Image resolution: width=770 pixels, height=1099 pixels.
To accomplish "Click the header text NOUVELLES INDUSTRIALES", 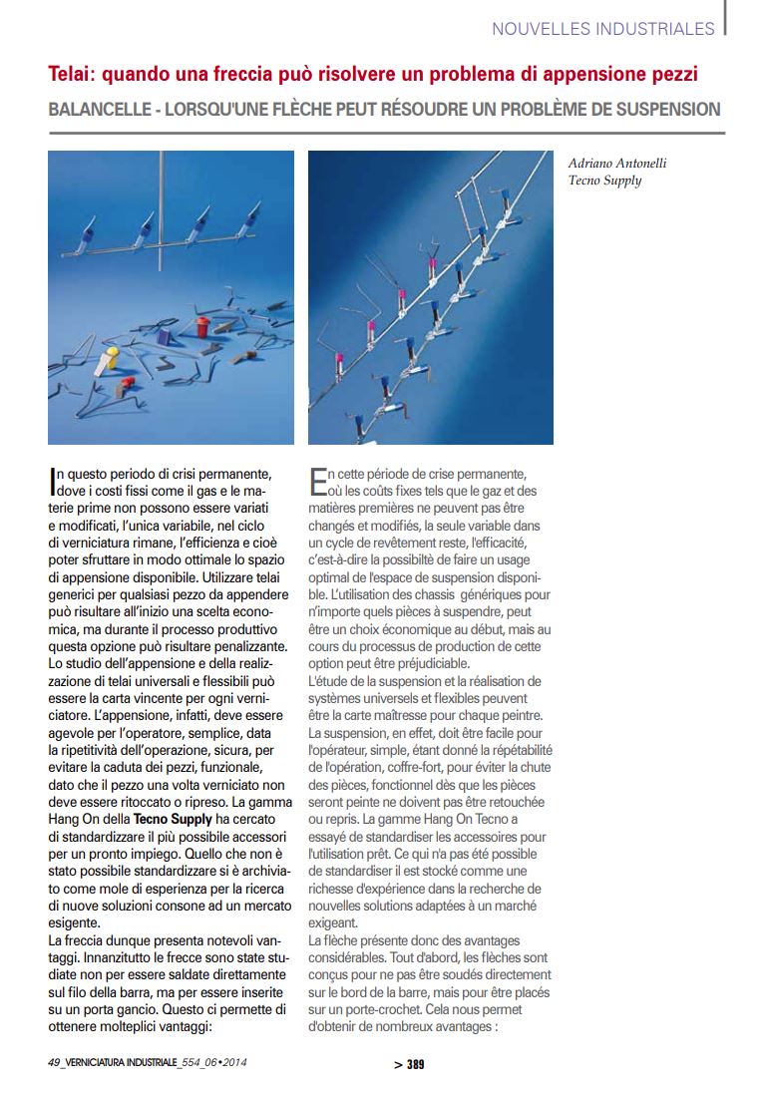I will [x=602, y=29].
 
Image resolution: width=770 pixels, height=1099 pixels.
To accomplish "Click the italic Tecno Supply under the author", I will [x=604, y=181].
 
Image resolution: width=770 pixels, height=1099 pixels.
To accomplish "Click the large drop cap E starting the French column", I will [x=318, y=483].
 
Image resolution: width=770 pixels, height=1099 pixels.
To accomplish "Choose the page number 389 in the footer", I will [x=415, y=1064].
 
